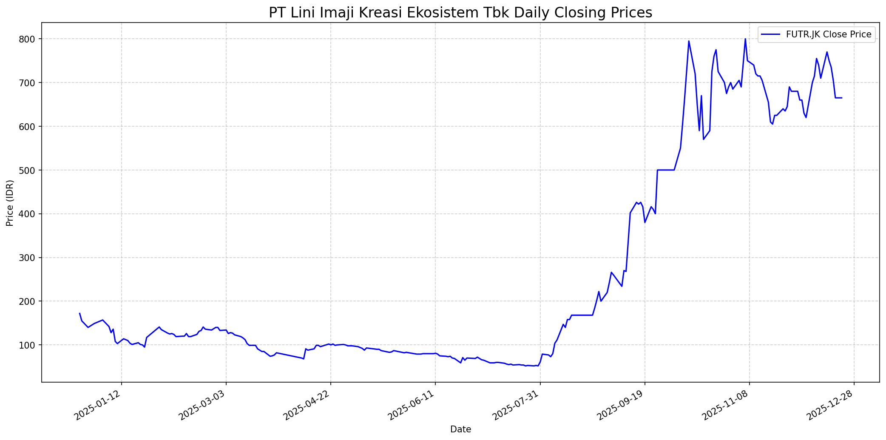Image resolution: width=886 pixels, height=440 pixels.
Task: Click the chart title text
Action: coord(460,13)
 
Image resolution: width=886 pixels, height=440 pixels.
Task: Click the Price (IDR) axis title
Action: coord(10,203)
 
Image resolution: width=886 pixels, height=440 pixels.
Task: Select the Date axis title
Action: coord(460,430)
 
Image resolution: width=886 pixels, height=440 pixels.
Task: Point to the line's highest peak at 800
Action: coord(745,39)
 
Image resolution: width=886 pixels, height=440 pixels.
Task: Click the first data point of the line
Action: coord(80,313)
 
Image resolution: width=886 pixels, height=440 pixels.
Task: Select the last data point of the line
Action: coord(842,98)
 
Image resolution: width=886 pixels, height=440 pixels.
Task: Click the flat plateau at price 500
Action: coord(665,170)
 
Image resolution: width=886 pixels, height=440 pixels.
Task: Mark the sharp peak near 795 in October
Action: coord(689,41)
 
